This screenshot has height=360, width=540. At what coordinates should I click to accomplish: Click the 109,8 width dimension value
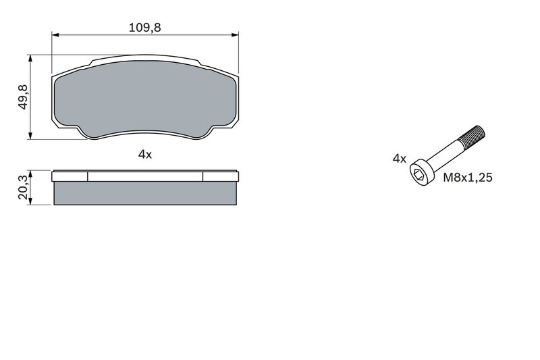[144, 27]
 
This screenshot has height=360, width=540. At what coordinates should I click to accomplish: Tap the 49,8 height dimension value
[23, 97]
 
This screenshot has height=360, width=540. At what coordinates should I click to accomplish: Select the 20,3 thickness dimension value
[23, 187]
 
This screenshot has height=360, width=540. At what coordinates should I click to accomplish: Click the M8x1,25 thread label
[468, 178]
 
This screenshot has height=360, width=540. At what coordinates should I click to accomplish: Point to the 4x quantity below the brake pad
[144, 155]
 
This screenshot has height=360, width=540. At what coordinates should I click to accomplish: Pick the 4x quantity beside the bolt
[399, 159]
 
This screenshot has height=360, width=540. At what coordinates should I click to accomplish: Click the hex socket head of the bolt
[419, 174]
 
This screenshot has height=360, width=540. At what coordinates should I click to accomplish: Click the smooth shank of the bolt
[445, 154]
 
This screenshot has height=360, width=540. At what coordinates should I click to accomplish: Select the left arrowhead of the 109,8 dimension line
[56, 35]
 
